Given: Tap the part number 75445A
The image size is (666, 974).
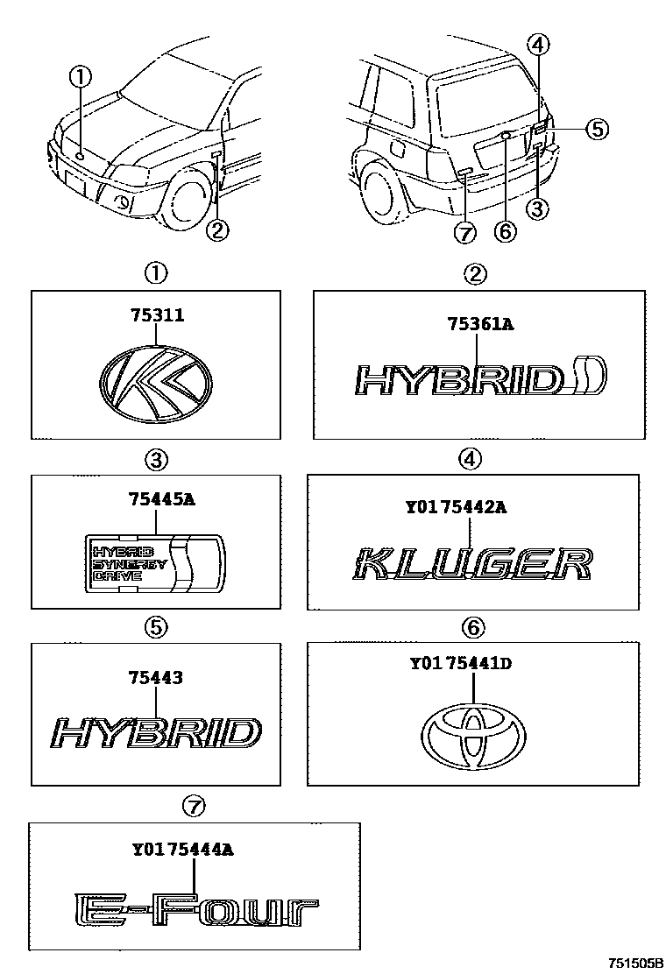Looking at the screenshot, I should pyautogui.click(x=155, y=501).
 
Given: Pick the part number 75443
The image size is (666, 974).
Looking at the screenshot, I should pyautogui.click(x=155, y=676).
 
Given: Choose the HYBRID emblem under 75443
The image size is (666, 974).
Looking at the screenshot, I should pyautogui.click(x=155, y=733).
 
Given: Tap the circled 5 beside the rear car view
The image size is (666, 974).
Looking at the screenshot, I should pyautogui.click(x=595, y=129).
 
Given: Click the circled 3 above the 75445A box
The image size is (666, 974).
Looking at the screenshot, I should pyautogui.click(x=156, y=458).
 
